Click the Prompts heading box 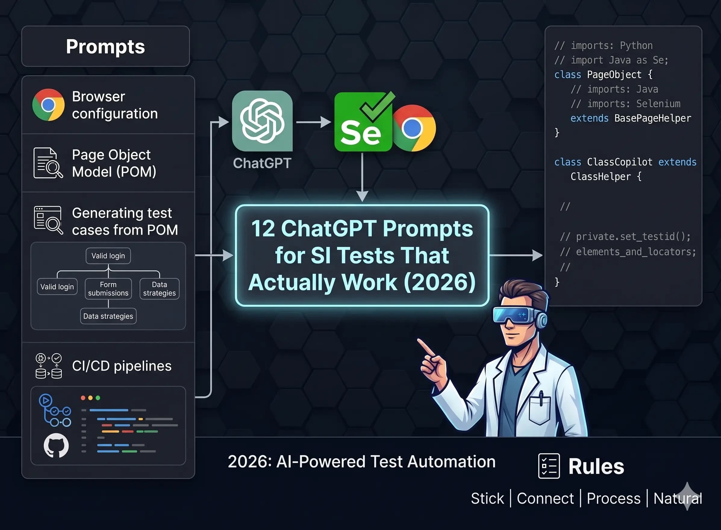(105, 46)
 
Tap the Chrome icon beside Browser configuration (48, 105)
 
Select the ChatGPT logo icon (262, 121)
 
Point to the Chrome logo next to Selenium (414, 128)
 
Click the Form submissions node (108, 289)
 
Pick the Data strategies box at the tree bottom (108, 316)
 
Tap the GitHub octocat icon (56, 445)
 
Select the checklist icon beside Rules (549, 466)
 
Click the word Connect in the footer (545, 498)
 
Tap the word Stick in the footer (487, 498)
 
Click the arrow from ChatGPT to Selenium (313, 122)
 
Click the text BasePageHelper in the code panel (652, 118)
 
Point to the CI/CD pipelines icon (48, 366)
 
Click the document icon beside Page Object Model (48, 163)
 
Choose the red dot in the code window (83, 398)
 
